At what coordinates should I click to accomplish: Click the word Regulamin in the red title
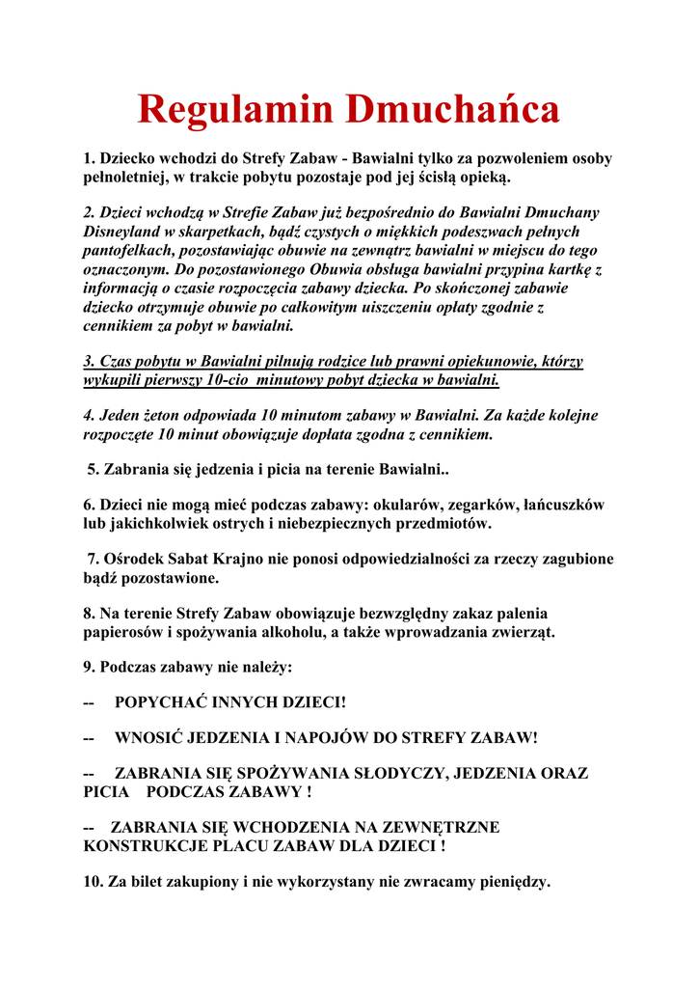pos(236,110)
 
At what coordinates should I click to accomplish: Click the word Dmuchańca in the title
pos(452,110)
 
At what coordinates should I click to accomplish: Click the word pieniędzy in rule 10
pos(512,882)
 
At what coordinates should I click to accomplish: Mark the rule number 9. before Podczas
pos(90,668)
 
